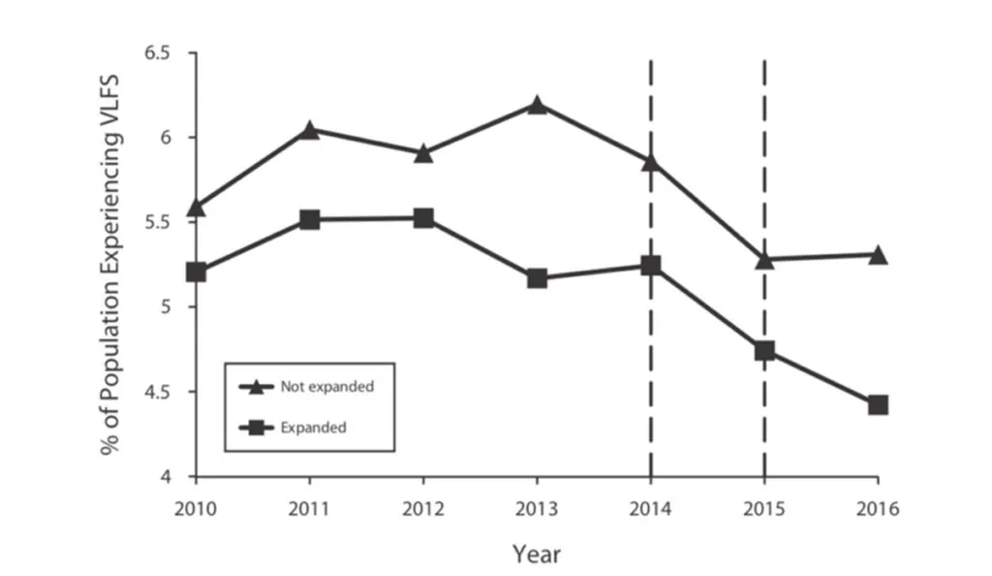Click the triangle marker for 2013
(537, 105)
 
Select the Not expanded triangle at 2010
(196, 207)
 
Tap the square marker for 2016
(878, 404)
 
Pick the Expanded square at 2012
(423, 218)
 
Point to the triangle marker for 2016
(878, 255)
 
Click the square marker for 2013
(537, 278)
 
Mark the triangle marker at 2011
(309, 129)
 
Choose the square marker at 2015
(764, 350)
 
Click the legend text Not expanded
(326, 386)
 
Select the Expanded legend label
(313, 426)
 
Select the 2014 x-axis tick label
(650, 507)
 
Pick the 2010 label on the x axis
(196, 507)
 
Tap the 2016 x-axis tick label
(878, 507)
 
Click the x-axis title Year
(537, 554)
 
